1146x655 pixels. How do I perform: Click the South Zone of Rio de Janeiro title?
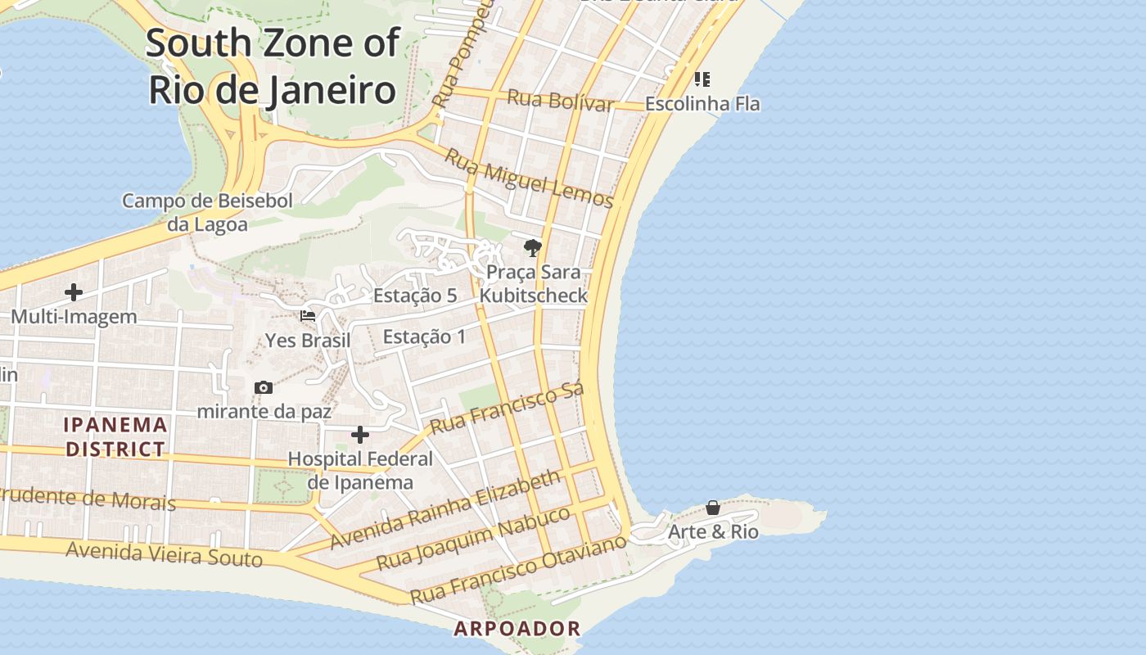(273, 66)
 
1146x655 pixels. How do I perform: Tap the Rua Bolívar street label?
(560, 101)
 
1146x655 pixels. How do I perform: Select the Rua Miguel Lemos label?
(528, 178)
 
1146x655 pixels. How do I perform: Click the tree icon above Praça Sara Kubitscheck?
(533, 247)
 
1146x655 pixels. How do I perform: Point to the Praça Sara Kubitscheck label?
(533, 283)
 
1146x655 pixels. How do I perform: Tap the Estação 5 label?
(415, 296)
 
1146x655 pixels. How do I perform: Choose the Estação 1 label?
(424, 337)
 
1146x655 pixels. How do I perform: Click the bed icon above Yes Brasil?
(308, 316)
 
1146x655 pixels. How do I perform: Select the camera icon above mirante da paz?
(264, 387)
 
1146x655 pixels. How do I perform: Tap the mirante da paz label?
(264, 411)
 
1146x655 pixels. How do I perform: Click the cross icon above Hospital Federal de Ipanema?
(360, 435)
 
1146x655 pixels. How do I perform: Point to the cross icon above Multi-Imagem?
(74, 292)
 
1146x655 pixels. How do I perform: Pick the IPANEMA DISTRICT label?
(115, 436)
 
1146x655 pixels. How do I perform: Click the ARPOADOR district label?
(517, 629)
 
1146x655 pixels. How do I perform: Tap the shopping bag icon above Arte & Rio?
(713, 508)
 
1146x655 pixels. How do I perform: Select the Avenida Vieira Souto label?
(164, 554)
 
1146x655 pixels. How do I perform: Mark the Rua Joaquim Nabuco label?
(473, 539)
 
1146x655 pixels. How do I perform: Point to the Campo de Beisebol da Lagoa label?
(196, 212)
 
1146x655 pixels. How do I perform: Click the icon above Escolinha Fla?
(702, 79)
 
